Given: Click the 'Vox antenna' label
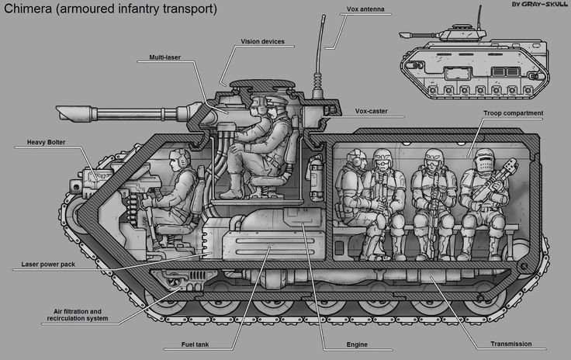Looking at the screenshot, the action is tap(365, 9).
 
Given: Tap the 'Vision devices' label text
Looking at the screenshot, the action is tap(262, 41).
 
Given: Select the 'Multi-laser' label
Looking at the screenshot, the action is tap(165, 57).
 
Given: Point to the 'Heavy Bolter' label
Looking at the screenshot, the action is tap(47, 142).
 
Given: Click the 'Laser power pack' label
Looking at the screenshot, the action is tap(48, 265).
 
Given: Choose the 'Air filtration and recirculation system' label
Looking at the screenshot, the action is tap(78, 315).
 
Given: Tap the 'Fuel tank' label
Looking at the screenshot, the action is tap(196, 344).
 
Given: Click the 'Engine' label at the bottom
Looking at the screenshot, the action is tap(357, 344).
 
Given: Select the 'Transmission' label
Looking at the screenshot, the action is tap(511, 344).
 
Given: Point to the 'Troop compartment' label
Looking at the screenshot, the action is tap(513, 113).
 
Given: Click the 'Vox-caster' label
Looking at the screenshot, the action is tap(371, 111).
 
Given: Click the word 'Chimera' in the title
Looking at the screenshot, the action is tap(28, 9).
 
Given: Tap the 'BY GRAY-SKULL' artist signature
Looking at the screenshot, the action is tap(540, 4).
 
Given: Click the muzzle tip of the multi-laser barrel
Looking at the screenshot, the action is tap(57, 112).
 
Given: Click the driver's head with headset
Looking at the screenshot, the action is tap(179, 159).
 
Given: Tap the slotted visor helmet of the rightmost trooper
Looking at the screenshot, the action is tap(484, 161).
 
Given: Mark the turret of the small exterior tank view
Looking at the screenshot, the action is tap(463, 33).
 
